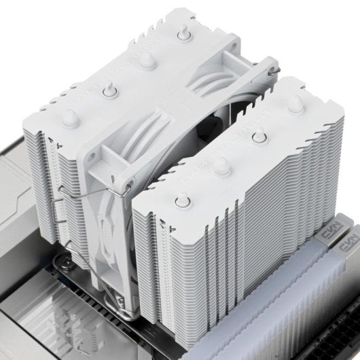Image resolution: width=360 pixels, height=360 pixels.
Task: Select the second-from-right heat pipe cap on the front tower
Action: [x=257, y=138]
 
